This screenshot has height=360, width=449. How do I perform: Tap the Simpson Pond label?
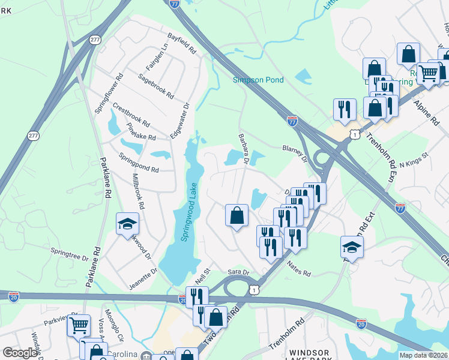259,80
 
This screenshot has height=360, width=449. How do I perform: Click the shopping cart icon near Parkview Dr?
79,325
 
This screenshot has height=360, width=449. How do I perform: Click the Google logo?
20,353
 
